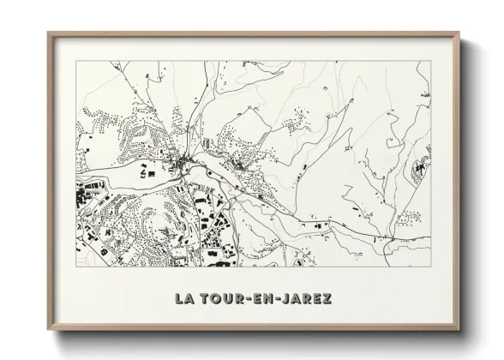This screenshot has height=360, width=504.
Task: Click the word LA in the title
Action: click(183, 299)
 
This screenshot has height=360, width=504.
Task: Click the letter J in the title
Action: click(286, 299)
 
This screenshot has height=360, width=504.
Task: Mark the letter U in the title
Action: click(227, 299)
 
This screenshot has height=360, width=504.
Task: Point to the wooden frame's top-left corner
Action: click(47, 33)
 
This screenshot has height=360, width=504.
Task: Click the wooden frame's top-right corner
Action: click(459, 33)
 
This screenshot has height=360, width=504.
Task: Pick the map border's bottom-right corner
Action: click(430, 270)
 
